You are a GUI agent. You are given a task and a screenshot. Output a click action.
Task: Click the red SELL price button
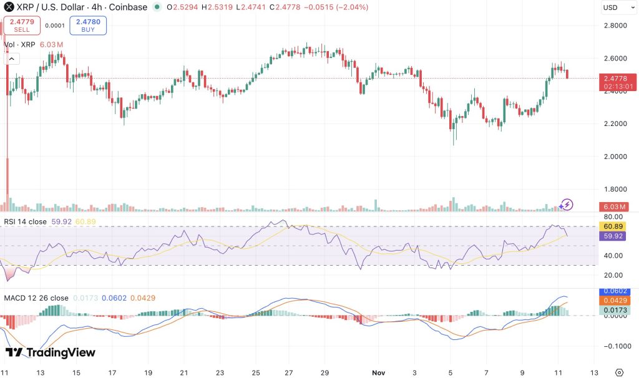pos(22,26)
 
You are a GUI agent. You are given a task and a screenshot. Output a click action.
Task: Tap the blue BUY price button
pos(88,26)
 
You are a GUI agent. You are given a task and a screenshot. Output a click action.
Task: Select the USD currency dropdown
pos(617,7)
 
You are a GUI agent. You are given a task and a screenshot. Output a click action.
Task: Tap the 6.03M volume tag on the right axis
pos(617,206)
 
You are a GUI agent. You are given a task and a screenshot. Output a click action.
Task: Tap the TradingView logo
pos(51,352)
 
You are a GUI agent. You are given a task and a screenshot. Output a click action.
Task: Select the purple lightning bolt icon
pos(566,204)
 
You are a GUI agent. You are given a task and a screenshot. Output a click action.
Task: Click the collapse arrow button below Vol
pos(12,59)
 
